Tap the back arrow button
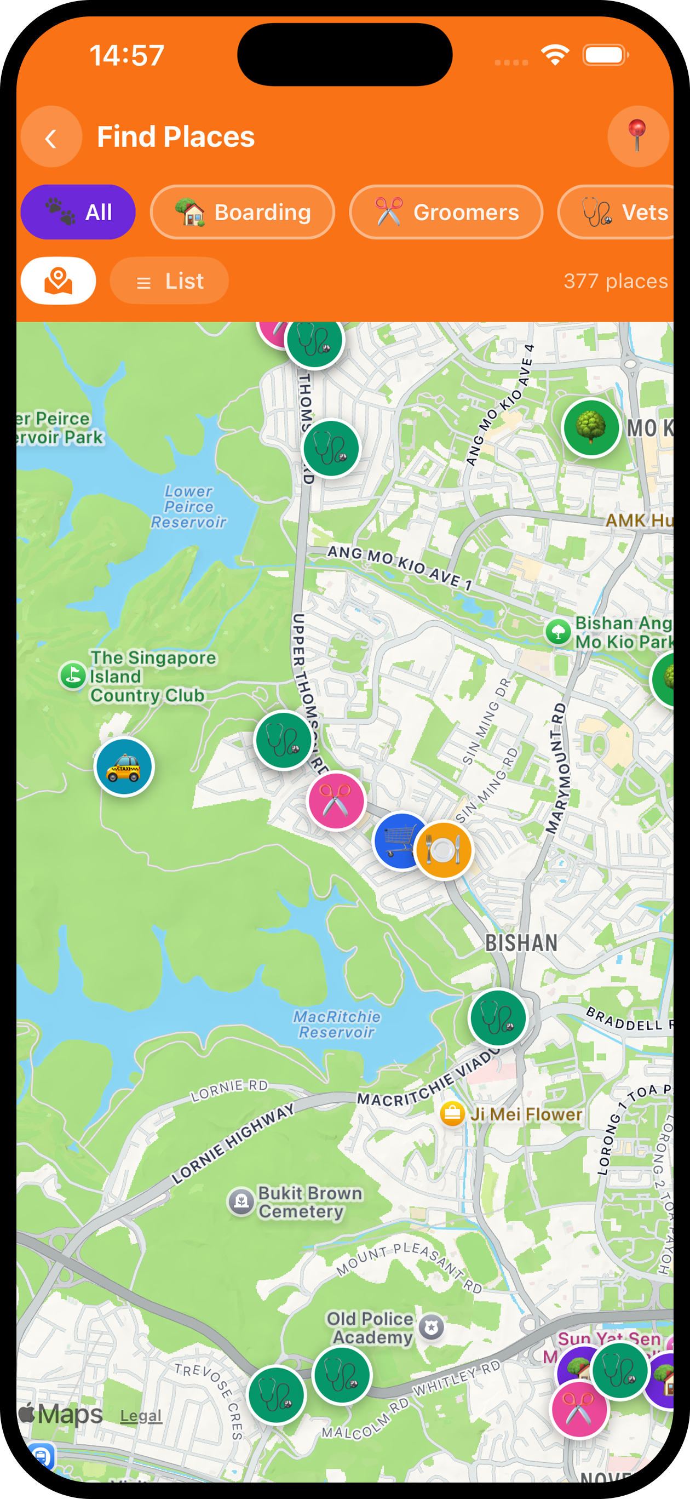(51, 138)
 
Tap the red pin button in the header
(637, 137)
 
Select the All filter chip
(78, 213)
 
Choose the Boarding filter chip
(243, 213)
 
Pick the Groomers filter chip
(446, 213)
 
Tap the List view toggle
(169, 281)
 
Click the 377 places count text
(615, 281)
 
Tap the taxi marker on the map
(124, 767)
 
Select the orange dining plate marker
(444, 850)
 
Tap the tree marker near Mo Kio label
(591, 428)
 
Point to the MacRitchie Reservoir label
(337, 1024)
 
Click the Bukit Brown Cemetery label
(309, 1202)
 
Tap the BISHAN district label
(521, 943)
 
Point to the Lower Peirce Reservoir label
(188, 507)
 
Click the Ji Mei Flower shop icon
(452, 1114)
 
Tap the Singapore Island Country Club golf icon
(73, 676)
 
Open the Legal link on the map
(141, 1416)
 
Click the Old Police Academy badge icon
(432, 1328)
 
